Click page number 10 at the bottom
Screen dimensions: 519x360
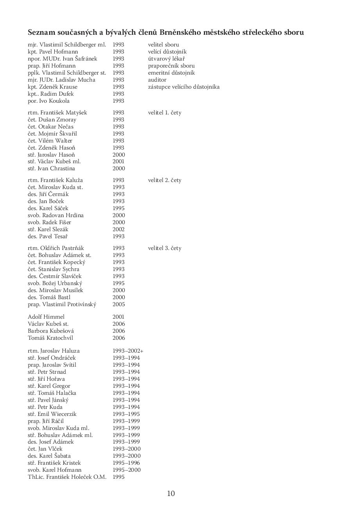[x=171, y=493]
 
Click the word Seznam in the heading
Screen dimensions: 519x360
[x=42, y=32]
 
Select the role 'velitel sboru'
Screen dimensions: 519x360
[x=163, y=45]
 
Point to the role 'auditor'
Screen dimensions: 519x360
[x=157, y=80]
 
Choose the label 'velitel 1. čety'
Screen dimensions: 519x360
[x=165, y=112]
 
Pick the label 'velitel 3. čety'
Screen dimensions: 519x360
[x=165, y=248]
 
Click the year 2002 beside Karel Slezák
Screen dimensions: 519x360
[x=118, y=229]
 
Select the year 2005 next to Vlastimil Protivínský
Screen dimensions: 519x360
[x=118, y=304]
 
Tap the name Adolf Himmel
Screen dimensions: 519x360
[x=46, y=317]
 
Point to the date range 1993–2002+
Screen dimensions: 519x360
[x=128, y=351]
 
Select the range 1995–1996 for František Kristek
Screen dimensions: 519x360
[x=126, y=463]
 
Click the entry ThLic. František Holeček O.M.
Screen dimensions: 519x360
[x=67, y=477]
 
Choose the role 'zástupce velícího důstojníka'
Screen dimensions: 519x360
[x=184, y=87]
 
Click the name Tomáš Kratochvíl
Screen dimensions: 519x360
[x=50, y=338]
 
